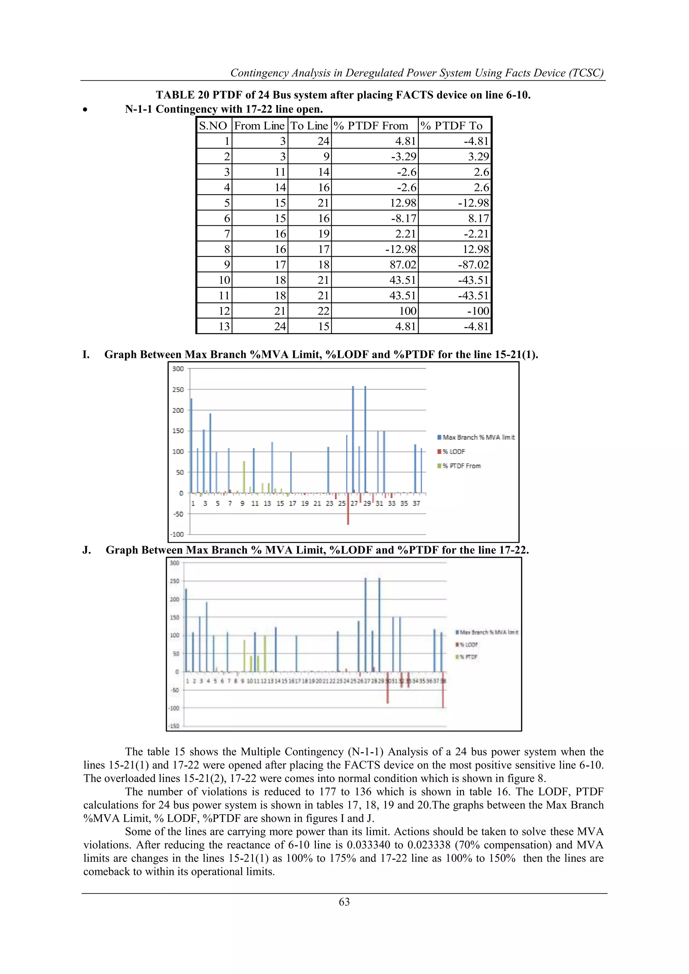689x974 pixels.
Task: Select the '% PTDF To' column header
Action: [451, 125]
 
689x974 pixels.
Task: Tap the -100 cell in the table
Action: [478, 311]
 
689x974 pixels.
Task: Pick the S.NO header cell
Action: [213, 125]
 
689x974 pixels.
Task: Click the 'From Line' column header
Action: [259, 125]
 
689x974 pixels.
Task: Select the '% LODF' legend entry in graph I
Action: [454, 452]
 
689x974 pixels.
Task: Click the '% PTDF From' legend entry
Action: [461, 466]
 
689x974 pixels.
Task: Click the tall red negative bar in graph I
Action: [348, 509]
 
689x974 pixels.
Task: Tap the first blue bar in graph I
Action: [191, 445]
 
